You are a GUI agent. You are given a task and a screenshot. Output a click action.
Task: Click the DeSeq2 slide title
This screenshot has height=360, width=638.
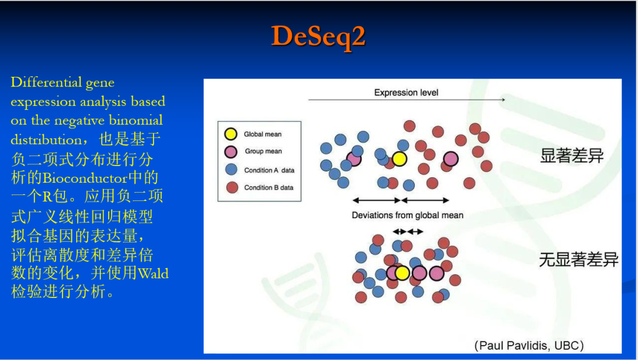[x=318, y=37]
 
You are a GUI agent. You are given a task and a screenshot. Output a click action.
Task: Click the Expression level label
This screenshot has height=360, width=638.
[x=406, y=92]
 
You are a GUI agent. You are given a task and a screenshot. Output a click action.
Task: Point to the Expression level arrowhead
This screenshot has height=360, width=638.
[x=503, y=99]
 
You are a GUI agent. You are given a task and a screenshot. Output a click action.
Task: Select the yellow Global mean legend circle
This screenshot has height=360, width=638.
[x=232, y=134]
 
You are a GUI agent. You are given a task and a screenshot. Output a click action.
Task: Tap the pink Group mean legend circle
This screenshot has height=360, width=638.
[x=232, y=151]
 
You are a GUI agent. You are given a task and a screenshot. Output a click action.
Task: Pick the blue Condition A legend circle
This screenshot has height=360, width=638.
[x=232, y=170]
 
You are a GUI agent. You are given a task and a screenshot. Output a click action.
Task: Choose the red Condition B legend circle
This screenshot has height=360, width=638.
[x=232, y=187]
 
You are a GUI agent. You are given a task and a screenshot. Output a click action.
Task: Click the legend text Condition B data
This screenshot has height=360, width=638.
[x=269, y=187]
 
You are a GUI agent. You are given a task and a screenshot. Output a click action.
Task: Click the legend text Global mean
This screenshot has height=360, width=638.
[x=263, y=134]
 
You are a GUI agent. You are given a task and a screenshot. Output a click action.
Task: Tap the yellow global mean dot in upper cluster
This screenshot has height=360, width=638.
[x=399, y=158]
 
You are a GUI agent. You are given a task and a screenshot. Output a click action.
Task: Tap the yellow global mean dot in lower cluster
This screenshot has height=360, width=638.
[x=402, y=273]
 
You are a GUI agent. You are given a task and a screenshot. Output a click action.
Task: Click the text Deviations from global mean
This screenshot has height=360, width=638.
[x=408, y=215]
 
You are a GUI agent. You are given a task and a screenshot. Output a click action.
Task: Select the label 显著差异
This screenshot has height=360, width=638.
[x=572, y=157]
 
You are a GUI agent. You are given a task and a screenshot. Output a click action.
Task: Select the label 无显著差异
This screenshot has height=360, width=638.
[x=579, y=260]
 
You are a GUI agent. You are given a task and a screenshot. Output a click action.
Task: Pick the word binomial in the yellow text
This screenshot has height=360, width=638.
[x=134, y=121]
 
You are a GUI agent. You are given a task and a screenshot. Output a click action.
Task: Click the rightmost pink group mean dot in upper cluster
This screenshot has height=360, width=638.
[x=451, y=158]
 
